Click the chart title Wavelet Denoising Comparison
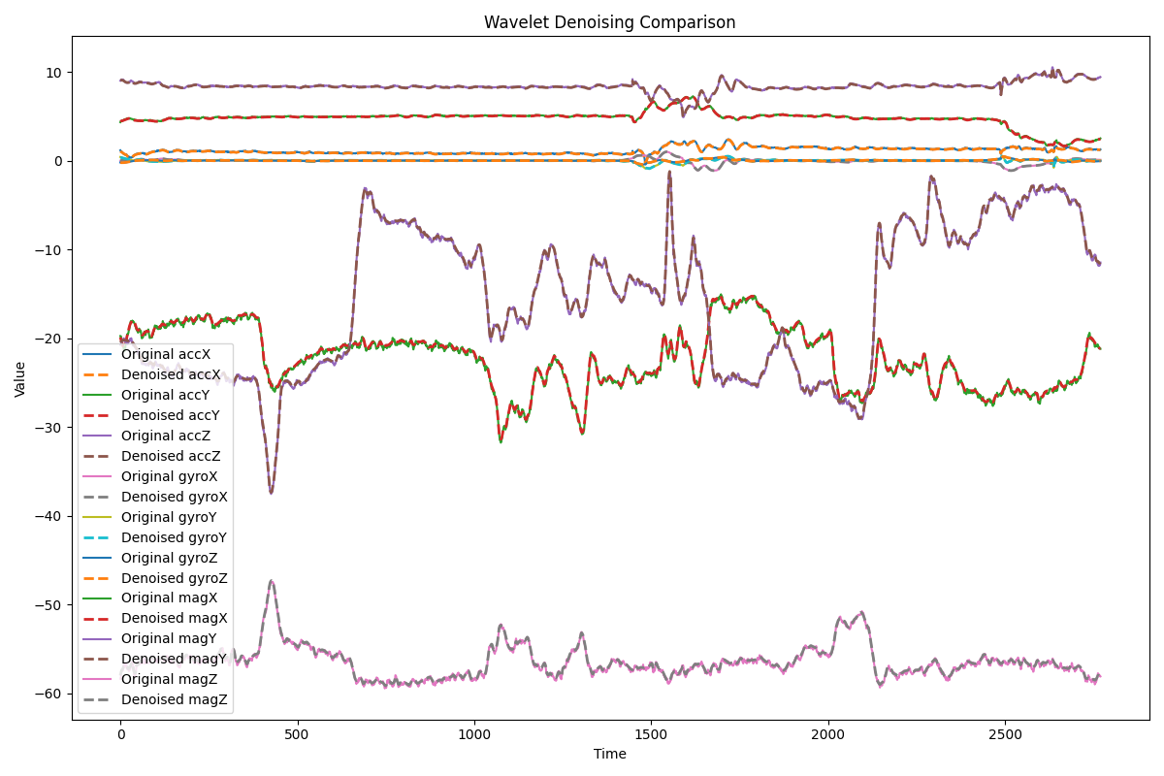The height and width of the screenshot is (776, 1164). pyautogui.click(x=609, y=22)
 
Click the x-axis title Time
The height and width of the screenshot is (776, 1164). pyautogui.click(x=609, y=754)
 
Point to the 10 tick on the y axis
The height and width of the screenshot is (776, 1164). pyautogui.click(x=52, y=73)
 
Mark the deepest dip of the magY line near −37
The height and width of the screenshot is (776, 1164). pyautogui.click(x=271, y=493)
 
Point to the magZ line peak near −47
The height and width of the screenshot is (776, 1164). pyautogui.click(x=272, y=581)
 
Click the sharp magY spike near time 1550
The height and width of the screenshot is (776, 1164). pyautogui.click(x=669, y=173)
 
